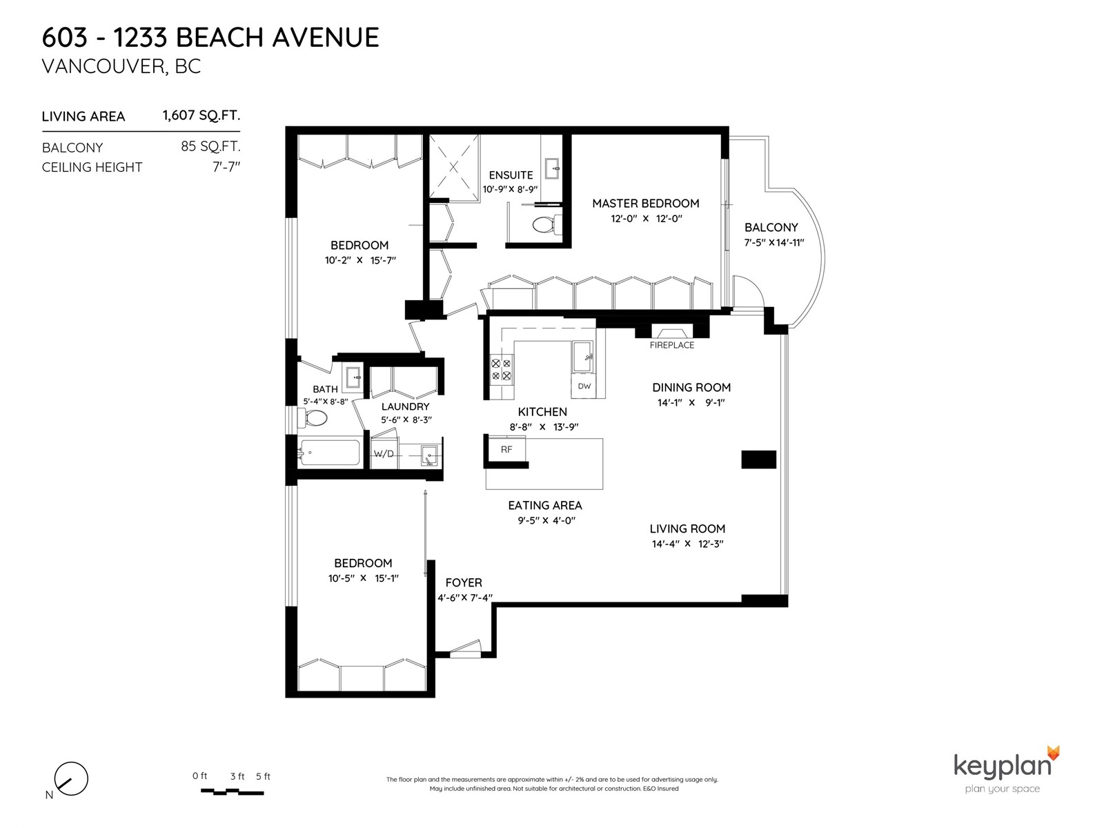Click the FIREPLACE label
[671, 345]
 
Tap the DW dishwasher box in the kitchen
[584, 386]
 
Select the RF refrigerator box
[506, 449]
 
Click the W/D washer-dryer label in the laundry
[384, 453]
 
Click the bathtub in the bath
[329, 453]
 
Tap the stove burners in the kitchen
[502, 369]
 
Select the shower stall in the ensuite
[453, 167]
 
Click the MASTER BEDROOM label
[645, 203]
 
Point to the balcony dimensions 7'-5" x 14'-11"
[774, 242]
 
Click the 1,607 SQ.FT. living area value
[201, 115]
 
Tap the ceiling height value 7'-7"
[226, 166]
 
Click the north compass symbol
[71, 779]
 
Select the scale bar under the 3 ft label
[232, 791]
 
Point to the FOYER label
[464, 582]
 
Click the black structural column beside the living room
[759, 460]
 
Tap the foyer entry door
[465, 649]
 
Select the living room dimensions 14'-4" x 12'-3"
[687, 544]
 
